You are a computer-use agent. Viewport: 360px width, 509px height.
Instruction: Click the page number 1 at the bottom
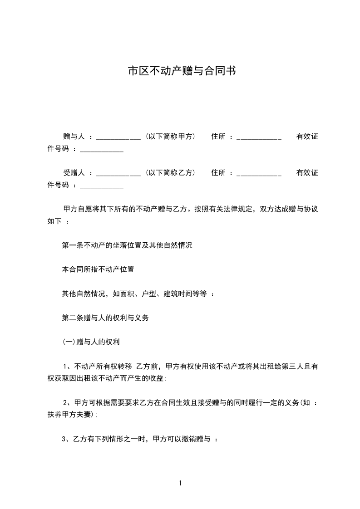tap(180, 483)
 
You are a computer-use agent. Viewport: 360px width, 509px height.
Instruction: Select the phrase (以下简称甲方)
tap(170, 136)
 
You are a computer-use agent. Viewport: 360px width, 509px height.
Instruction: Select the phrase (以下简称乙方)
tap(170, 172)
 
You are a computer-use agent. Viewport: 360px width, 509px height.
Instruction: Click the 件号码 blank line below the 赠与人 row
tap(102, 150)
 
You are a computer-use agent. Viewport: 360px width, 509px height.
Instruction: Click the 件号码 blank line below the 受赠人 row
tap(102, 186)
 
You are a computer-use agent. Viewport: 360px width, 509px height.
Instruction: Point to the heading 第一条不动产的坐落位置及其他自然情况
tap(127, 245)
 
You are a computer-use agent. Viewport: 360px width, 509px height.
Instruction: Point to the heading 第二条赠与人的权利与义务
tap(105, 318)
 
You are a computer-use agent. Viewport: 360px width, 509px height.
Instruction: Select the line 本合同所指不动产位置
tap(98, 269)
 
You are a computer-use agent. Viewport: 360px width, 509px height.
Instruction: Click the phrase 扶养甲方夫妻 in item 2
tap(69, 415)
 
